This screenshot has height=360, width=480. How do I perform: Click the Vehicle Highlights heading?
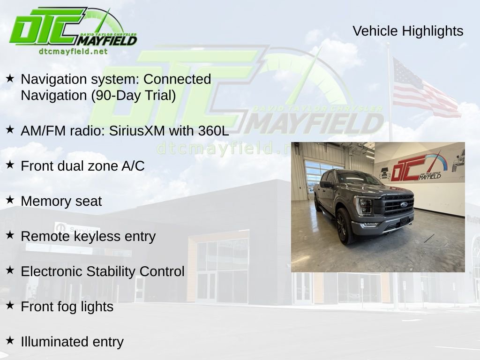click(408, 31)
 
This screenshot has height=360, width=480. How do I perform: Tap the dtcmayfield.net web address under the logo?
click(73, 52)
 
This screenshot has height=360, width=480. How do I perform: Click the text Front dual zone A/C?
click(82, 166)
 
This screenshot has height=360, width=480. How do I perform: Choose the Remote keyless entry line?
click(88, 236)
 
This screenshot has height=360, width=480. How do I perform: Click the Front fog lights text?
click(67, 307)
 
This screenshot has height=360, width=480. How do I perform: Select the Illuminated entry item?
click(72, 342)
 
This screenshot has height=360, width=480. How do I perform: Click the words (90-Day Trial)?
click(133, 96)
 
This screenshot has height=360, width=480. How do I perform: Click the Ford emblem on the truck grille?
click(403, 205)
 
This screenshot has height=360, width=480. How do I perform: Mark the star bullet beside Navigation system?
click(10, 78)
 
